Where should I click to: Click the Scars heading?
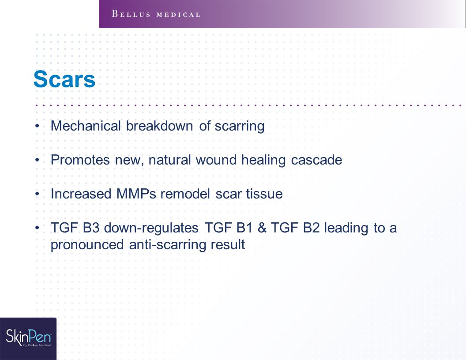click(64, 79)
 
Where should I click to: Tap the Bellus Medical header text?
click(156, 14)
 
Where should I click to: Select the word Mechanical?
click(86, 126)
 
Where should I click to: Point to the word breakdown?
click(160, 126)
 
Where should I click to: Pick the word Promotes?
click(80, 160)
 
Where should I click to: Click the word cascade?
click(316, 160)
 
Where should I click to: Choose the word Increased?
click(81, 194)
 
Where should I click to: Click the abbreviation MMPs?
click(136, 194)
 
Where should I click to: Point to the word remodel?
click(185, 194)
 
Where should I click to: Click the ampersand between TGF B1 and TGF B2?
click(262, 228)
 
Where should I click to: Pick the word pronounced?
click(87, 245)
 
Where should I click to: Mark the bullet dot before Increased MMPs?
click(37, 194)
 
